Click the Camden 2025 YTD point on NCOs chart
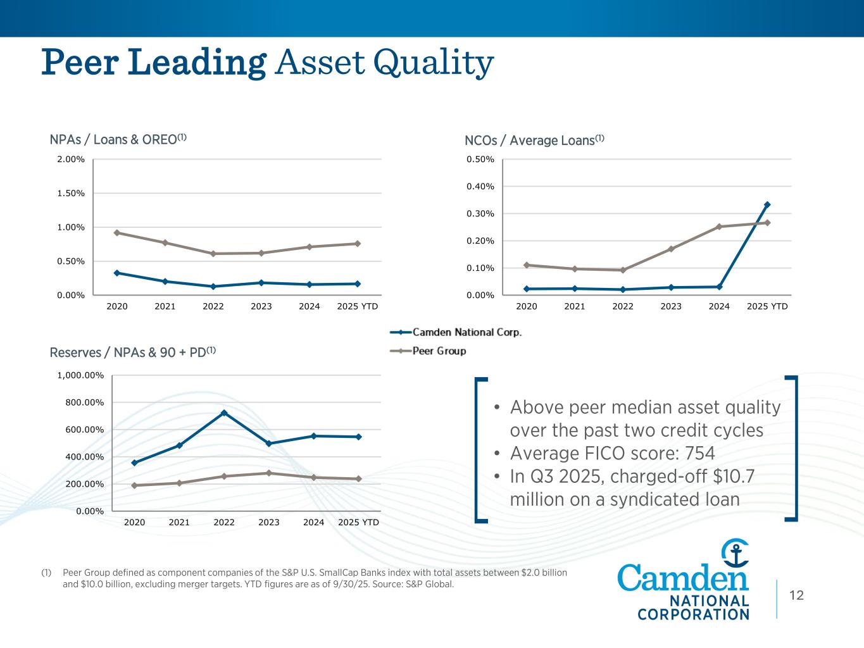[x=767, y=204]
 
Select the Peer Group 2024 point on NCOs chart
[x=719, y=227]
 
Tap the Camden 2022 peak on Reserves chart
[x=224, y=413]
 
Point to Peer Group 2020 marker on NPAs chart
[x=116, y=233]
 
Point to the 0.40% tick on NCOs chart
[x=480, y=186]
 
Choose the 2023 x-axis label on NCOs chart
[x=671, y=306]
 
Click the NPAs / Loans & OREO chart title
[x=118, y=139]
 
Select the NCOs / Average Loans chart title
[x=534, y=140]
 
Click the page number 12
[x=796, y=595]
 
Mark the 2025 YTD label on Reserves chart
[x=358, y=522]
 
